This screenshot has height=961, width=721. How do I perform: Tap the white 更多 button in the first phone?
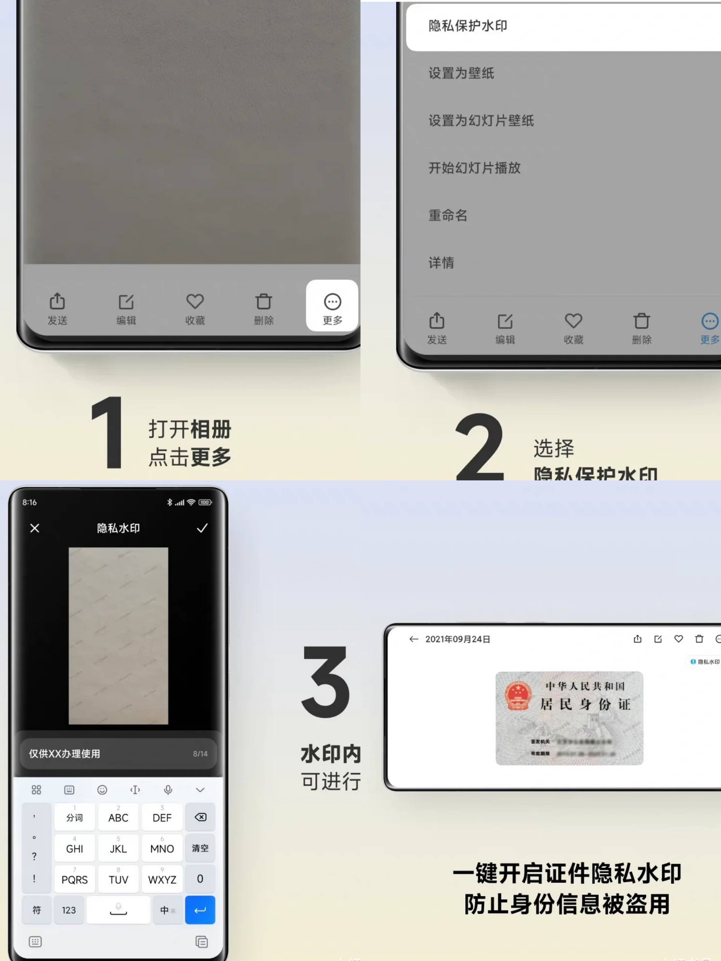pos(332,306)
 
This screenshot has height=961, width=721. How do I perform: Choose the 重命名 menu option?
pos(448,215)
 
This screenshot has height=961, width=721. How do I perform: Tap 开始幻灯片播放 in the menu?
pos(474,168)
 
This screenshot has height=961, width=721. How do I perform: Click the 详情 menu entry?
pos(441,262)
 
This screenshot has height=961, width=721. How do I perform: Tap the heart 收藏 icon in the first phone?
pos(195,306)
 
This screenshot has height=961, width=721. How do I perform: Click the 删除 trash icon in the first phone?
pos(264,306)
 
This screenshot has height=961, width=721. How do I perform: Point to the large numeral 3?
pos(326,681)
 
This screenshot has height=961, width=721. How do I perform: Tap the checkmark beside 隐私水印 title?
pos(202,528)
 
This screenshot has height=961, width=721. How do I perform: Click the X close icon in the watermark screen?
pos(35,528)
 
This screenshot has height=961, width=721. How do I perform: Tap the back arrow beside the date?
pos(413,639)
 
